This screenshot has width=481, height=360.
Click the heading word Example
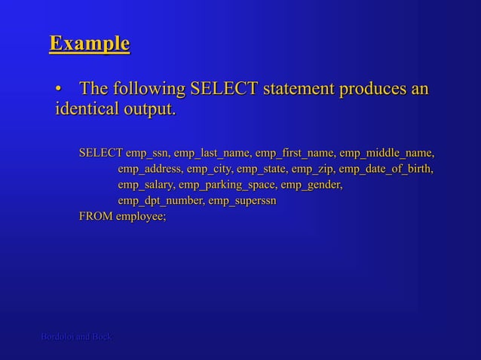click(89, 43)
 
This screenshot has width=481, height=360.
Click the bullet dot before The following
click(59, 90)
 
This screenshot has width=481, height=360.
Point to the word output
click(151, 110)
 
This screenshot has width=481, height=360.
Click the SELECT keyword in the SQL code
click(101, 154)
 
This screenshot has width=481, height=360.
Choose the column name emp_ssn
click(148, 154)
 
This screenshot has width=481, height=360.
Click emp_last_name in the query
click(213, 154)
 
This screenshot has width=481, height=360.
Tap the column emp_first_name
click(296, 154)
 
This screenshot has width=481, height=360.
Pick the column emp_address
click(150, 169)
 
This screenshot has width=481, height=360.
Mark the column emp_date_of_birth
click(387, 169)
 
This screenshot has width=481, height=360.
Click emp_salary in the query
click(146, 185)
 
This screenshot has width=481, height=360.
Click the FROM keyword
click(96, 217)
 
